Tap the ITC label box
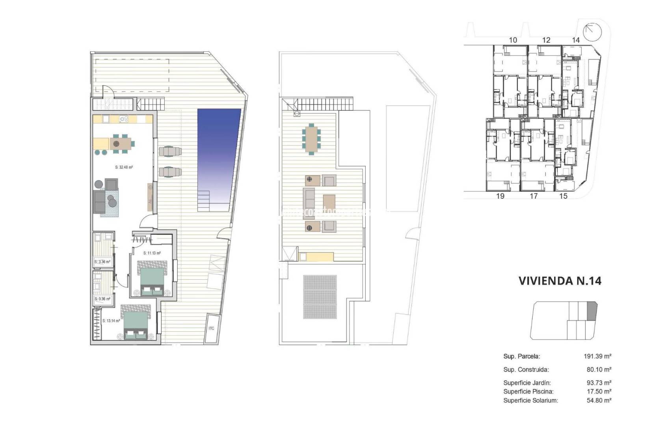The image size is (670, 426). click(211, 328)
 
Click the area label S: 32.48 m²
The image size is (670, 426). click(124, 167)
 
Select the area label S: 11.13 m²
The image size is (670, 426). click(152, 253)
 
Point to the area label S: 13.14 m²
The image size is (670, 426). click(111, 321)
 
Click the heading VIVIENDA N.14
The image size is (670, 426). click(560, 281)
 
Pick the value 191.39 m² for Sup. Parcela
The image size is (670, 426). click(597, 356)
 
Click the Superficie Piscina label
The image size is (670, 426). click(528, 392)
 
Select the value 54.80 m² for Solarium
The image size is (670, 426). click(599, 400)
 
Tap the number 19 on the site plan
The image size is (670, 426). click(500, 196)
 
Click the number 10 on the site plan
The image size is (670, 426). click(513, 40)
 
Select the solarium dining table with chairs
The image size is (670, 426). click(311, 138)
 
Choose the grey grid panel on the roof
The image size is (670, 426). click(320, 297)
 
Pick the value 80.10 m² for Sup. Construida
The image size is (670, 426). click(599, 370)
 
